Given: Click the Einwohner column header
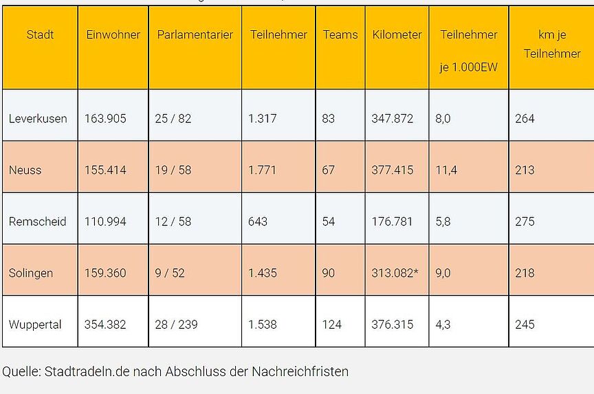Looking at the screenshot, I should click(x=113, y=34).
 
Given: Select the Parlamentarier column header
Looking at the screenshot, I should click(x=195, y=34).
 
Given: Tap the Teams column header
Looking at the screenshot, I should click(x=340, y=34).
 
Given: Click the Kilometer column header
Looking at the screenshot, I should click(x=397, y=34).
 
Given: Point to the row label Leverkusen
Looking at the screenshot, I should click(x=38, y=118).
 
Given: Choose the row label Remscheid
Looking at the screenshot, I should click(x=38, y=221).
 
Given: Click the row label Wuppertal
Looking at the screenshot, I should click(x=35, y=324).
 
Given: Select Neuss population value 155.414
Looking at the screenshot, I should click(x=105, y=170).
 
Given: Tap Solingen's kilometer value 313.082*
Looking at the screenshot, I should click(x=395, y=273).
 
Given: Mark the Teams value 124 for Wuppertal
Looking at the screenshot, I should click(x=331, y=324).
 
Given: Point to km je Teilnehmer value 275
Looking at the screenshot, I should click(x=525, y=221).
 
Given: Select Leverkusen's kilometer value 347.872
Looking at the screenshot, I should click(x=393, y=118).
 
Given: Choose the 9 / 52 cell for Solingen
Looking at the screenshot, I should click(x=170, y=273).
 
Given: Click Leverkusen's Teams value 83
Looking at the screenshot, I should click(x=328, y=118).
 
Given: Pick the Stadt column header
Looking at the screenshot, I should click(x=40, y=34).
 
